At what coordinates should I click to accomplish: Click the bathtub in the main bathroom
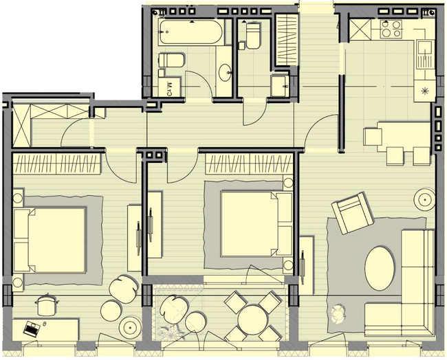(x=191, y=31)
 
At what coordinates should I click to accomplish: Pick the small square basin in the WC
(x=279, y=85)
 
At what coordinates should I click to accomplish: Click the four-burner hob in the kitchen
(x=393, y=28)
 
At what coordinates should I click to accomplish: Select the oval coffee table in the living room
(x=380, y=267)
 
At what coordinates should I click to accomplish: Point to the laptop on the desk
(x=31, y=328)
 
